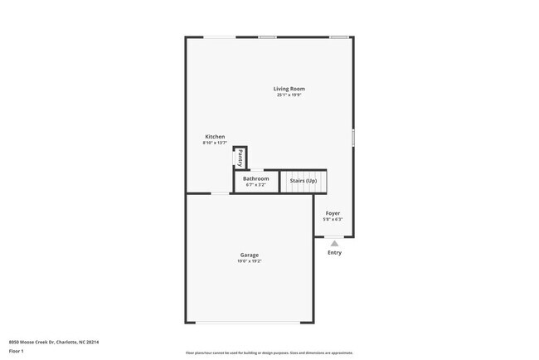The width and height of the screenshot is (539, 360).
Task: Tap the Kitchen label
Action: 215,137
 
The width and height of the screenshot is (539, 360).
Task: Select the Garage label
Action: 250,255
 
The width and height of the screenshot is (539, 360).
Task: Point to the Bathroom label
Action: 255,178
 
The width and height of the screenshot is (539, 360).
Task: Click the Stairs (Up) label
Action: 303,181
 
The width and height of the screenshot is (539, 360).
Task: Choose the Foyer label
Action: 333,213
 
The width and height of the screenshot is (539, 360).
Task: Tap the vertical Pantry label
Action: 240,158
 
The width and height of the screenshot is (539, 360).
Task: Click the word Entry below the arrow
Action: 334,253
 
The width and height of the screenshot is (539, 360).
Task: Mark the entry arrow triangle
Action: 334,243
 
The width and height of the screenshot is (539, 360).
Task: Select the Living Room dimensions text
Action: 289,95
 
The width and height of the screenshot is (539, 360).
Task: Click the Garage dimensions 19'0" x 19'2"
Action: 250,261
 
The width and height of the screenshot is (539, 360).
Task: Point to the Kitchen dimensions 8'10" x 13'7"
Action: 215,144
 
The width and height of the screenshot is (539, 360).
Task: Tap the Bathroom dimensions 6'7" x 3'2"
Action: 255,185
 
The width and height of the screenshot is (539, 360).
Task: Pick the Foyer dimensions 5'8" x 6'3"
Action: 333,220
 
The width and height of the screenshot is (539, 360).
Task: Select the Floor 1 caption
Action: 17,351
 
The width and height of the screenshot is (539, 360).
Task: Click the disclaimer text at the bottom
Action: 269,353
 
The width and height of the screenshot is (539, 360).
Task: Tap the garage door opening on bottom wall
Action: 249,323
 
